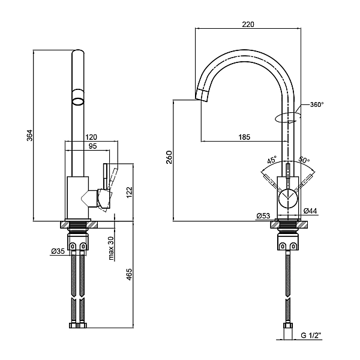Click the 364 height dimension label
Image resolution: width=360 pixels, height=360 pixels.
(30, 136)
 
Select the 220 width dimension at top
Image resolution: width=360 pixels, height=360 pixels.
(248, 25)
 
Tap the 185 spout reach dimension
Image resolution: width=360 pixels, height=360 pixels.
(244, 137)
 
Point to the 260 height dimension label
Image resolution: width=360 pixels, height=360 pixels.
(169, 157)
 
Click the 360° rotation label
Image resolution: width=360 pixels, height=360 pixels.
(317, 104)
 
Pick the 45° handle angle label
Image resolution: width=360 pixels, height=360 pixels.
(272, 160)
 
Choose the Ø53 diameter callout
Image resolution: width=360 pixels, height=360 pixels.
(263, 216)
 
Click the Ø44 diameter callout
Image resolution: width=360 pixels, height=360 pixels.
(310, 211)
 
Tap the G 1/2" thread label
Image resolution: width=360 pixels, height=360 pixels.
(310, 335)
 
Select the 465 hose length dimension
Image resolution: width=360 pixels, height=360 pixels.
(130, 274)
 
